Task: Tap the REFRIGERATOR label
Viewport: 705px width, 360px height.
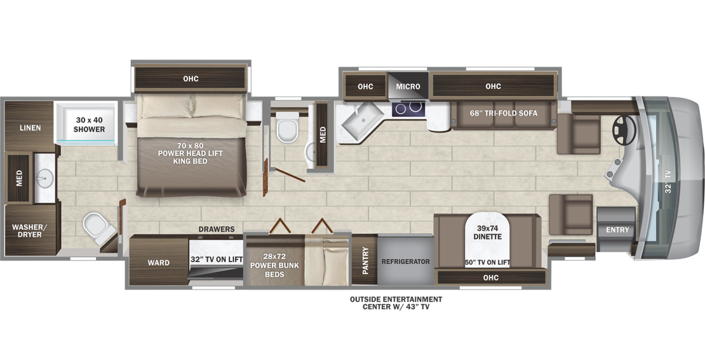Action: (x=405, y=262)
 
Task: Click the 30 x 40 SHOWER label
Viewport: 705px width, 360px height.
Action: (x=90, y=124)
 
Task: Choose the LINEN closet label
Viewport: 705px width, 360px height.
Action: (x=29, y=128)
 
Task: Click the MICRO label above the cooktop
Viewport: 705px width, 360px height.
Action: (x=408, y=86)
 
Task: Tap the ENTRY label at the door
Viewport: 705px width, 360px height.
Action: (x=617, y=230)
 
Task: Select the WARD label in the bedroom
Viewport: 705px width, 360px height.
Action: (x=158, y=262)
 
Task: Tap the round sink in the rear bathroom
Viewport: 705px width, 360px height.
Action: (x=44, y=175)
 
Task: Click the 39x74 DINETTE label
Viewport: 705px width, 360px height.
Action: (x=487, y=232)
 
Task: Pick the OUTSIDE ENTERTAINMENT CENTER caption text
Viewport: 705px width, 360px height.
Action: (x=395, y=303)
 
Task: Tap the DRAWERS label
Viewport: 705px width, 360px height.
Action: (x=216, y=229)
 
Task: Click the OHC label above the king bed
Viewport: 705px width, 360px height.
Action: (x=191, y=79)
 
